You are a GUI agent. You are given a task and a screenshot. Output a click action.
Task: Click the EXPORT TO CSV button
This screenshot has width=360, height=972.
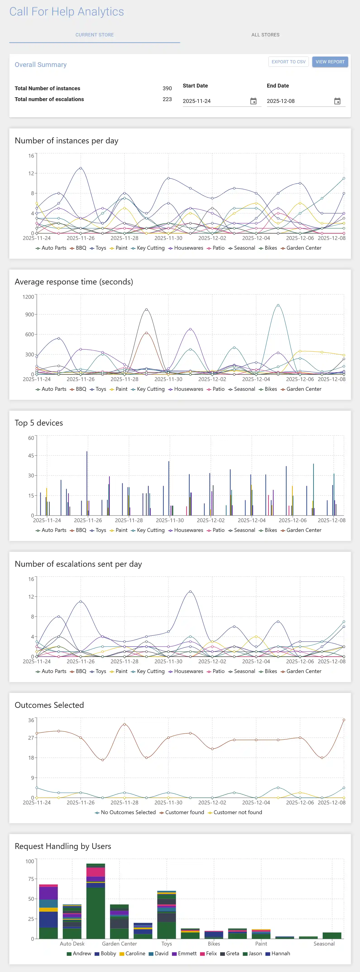tap(288, 62)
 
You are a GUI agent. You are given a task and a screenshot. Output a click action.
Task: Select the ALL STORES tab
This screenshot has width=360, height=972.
tap(265, 35)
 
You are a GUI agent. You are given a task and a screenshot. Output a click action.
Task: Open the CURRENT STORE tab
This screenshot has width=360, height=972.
tap(94, 35)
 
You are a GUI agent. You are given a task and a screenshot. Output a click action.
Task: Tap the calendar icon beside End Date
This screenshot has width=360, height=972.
tap(337, 101)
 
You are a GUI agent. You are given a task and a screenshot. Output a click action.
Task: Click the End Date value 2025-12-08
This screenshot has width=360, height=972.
tap(281, 101)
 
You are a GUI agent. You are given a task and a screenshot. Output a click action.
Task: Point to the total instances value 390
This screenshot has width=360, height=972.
tap(167, 88)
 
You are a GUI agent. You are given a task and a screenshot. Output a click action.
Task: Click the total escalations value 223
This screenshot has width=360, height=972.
tap(167, 99)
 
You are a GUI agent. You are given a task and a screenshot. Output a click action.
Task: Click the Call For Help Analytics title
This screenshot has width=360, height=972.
tap(67, 12)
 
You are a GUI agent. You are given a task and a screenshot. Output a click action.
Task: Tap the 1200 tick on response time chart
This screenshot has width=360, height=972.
tap(28, 297)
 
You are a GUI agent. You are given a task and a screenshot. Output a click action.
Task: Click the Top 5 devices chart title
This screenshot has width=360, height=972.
tap(39, 423)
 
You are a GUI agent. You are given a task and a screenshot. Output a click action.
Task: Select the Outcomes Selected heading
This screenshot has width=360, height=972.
tap(49, 705)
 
